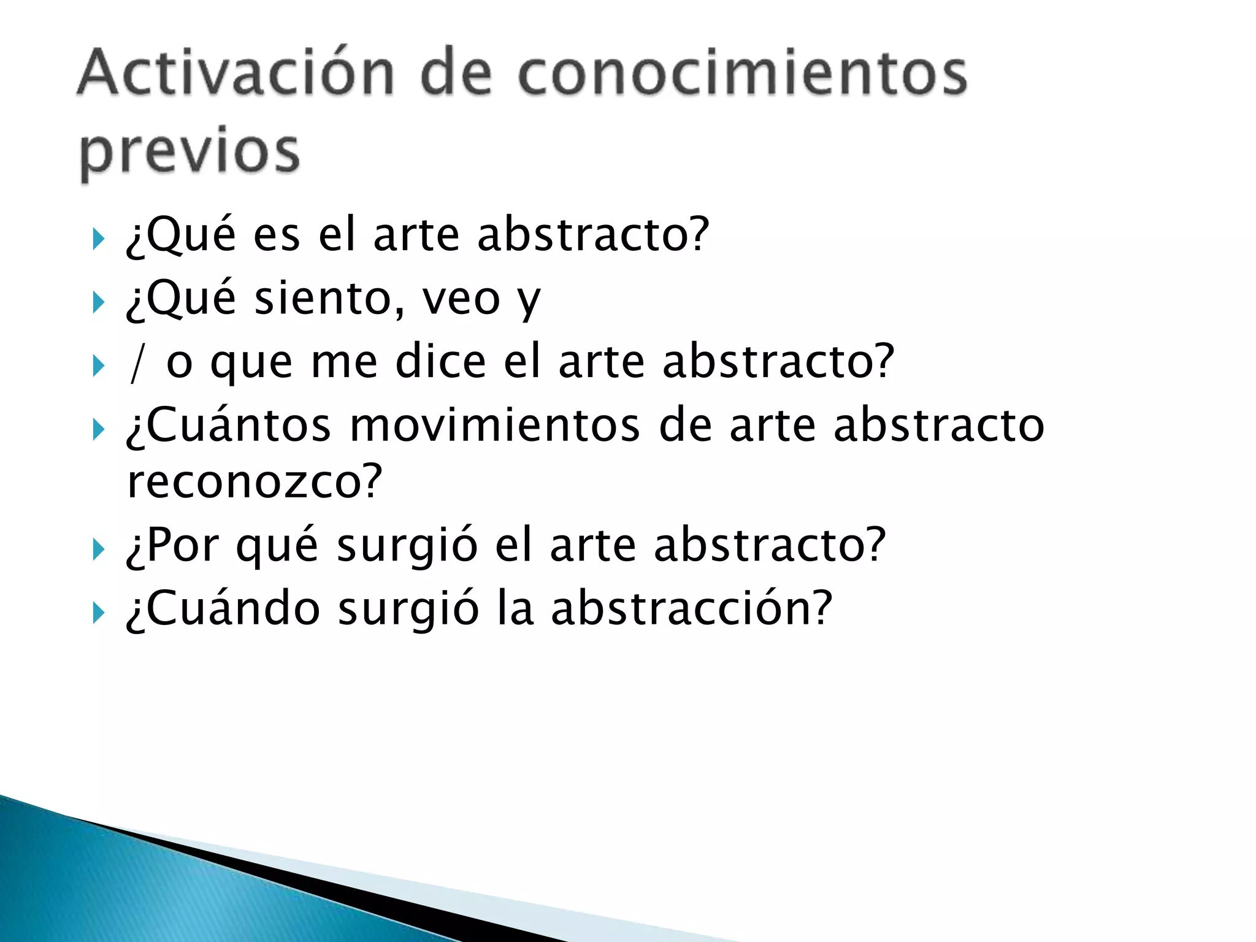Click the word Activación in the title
235,74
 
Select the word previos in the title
190,151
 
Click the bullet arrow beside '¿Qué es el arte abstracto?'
98,239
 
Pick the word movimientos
495,425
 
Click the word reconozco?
255,482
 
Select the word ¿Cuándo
223,608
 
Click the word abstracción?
691,608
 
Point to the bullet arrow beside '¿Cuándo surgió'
98,613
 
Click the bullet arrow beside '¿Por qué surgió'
98,549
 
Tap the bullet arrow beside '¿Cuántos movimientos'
98,429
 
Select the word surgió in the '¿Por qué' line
407,545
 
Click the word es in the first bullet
277,235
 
